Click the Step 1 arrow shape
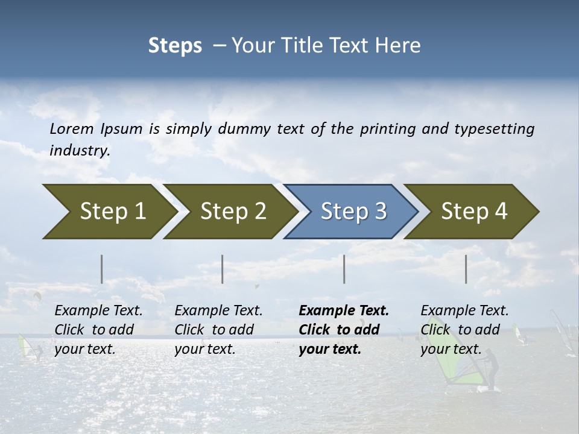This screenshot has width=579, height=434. pyautogui.click(x=109, y=212)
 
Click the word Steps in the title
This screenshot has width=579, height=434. pyautogui.click(x=175, y=46)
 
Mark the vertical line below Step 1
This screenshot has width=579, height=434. pyautogui.click(x=102, y=269)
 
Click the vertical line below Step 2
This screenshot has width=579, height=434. pyautogui.click(x=223, y=269)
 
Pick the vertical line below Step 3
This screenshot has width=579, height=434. pyautogui.click(x=344, y=269)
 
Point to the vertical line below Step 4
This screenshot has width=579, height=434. pyautogui.click(x=466, y=269)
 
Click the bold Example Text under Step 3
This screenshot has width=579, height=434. pyautogui.click(x=344, y=311)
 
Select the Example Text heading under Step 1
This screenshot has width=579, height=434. pyautogui.click(x=98, y=311)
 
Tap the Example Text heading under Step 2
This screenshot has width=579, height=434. pyautogui.click(x=218, y=311)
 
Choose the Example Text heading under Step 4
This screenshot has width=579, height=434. pyautogui.click(x=464, y=311)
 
